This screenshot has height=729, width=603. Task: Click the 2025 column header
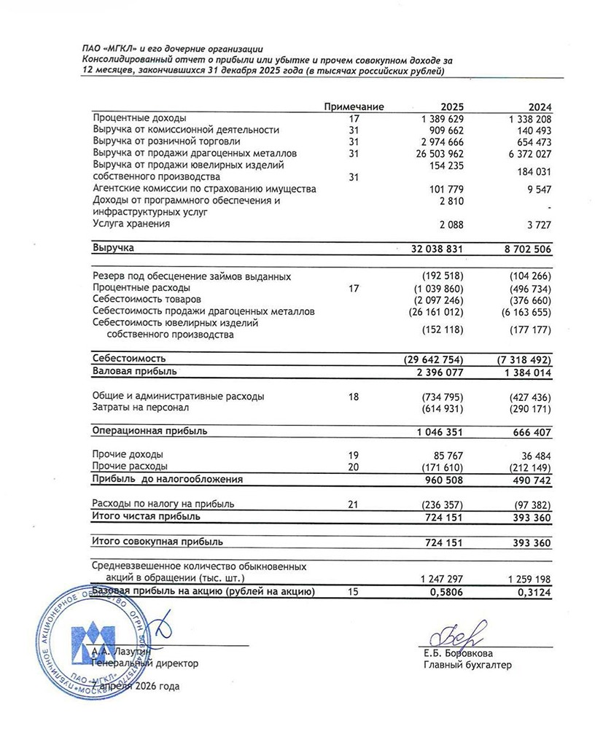tap(452, 106)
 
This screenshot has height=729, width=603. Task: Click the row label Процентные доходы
tap(139, 118)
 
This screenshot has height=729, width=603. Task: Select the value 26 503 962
tap(437, 153)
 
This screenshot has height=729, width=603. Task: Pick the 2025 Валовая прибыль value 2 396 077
tap(437, 371)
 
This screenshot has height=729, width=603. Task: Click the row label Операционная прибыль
tap(149, 431)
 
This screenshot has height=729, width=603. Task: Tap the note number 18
tap(354, 396)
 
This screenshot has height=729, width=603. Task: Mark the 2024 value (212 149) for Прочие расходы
tap(526, 466)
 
